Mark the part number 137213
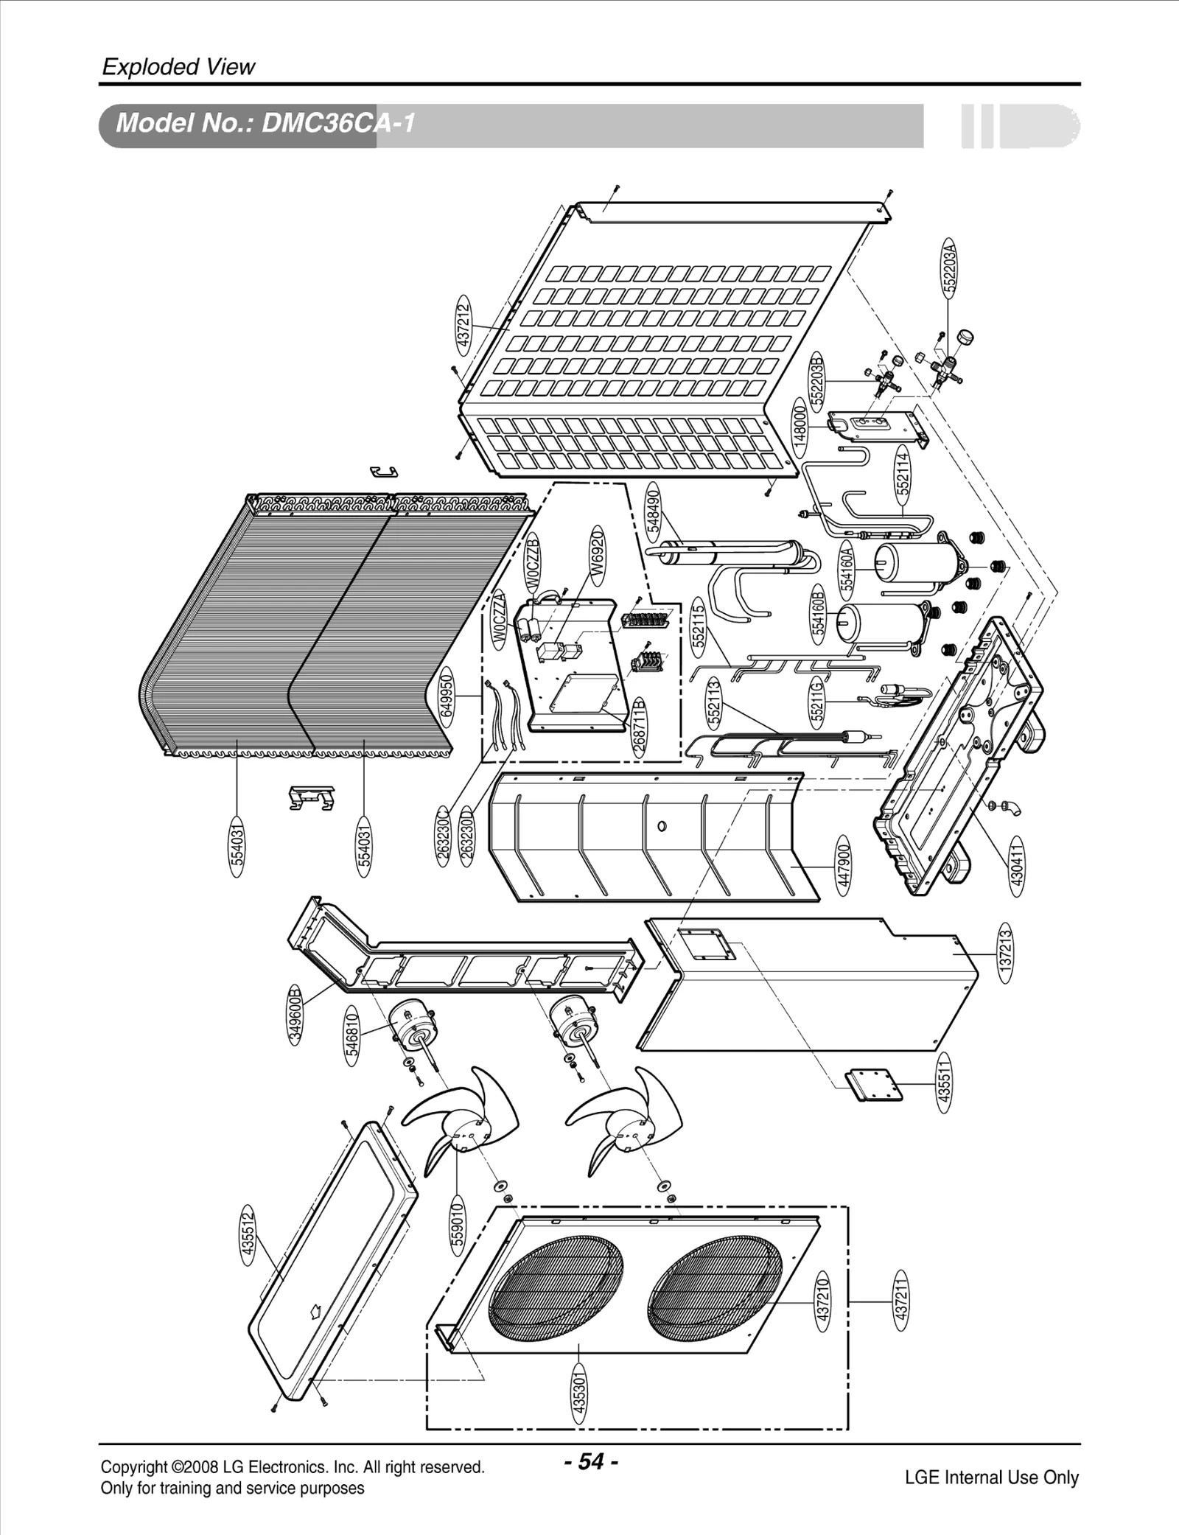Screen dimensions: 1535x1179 [x=1006, y=952]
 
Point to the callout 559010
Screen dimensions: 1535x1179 [x=457, y=1224]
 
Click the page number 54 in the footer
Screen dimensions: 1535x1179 [x=591, y=1461]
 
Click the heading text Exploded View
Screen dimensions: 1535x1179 [x=178, y=67]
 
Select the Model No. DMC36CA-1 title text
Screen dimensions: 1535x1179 [x=265, y=124]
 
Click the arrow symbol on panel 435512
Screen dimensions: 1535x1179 [x=315, y=1311]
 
